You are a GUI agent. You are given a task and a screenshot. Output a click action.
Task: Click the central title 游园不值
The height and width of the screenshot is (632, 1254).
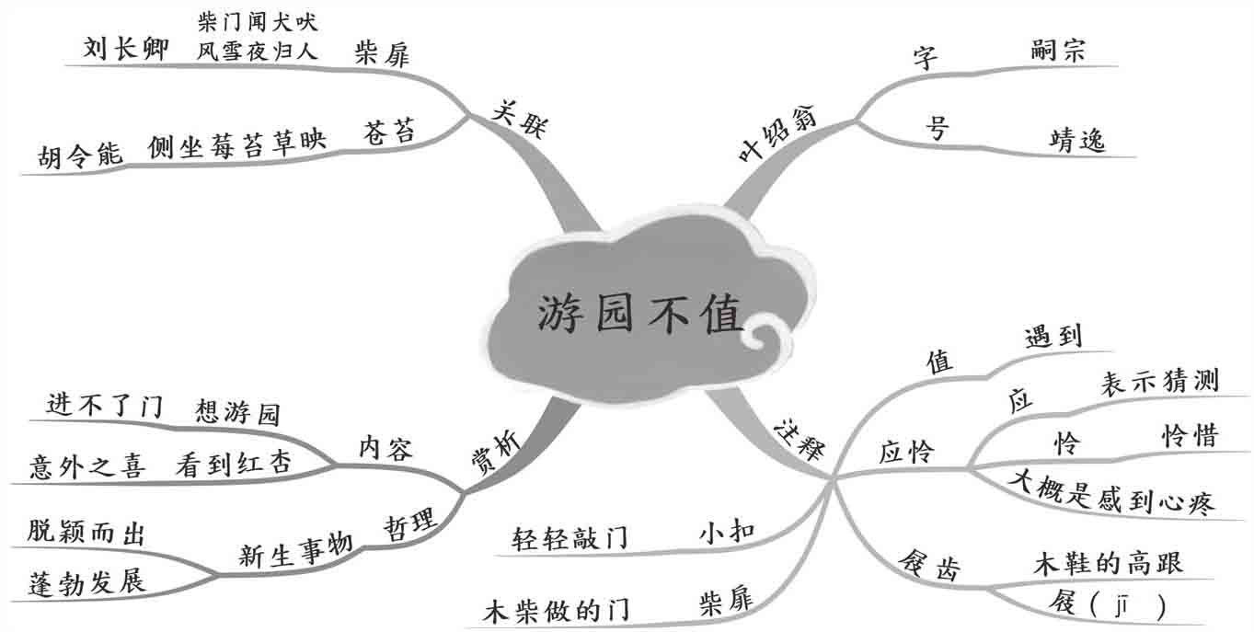639,315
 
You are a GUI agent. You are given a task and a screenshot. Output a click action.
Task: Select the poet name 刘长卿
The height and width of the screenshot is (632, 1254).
127,49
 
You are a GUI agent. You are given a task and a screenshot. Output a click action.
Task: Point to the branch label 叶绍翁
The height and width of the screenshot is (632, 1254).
783,137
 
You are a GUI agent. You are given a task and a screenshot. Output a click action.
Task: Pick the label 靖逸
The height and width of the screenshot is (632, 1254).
1077,141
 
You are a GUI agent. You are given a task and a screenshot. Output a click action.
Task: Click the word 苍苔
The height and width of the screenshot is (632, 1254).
389,132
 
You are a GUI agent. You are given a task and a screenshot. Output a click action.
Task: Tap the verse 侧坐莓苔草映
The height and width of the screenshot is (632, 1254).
236,144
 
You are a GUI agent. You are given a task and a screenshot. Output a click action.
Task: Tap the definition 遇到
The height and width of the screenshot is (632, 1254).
1053,337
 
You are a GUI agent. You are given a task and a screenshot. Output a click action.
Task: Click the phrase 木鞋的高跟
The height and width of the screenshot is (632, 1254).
1108,561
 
